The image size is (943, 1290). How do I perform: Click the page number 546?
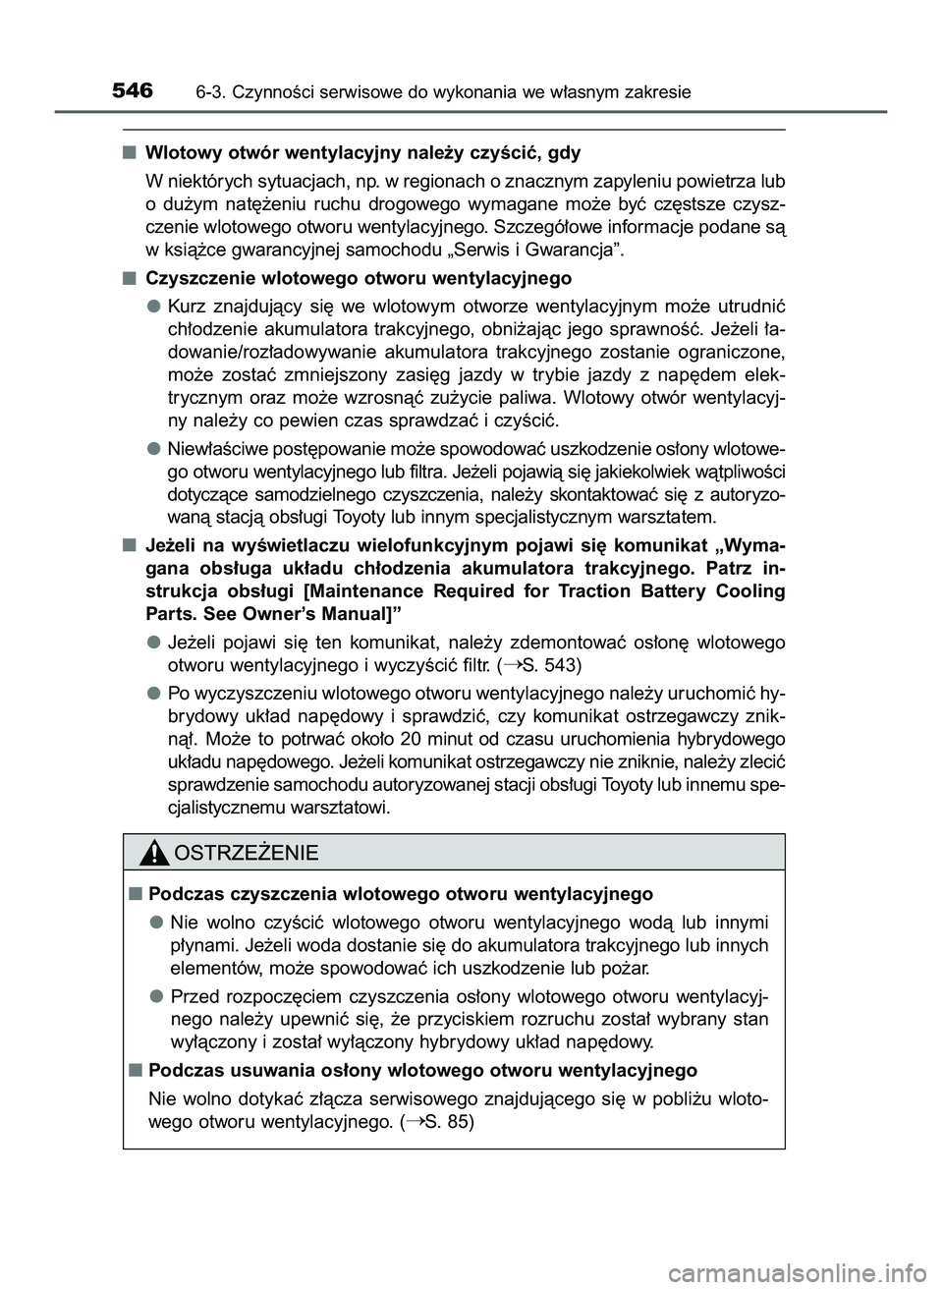(x=133, y=91)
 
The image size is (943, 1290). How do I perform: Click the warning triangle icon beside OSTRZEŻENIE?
(x=155, y=853)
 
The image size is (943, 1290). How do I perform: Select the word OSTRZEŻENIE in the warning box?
(x=246, y=853)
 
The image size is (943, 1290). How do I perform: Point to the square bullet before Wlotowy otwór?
(x=130, y=152)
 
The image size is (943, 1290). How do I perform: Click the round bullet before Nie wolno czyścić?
(x=155, y=922)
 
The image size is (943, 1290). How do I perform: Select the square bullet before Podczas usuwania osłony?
(x=132, y=1070)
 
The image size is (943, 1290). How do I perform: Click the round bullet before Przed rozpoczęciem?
(x=155, y=994)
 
